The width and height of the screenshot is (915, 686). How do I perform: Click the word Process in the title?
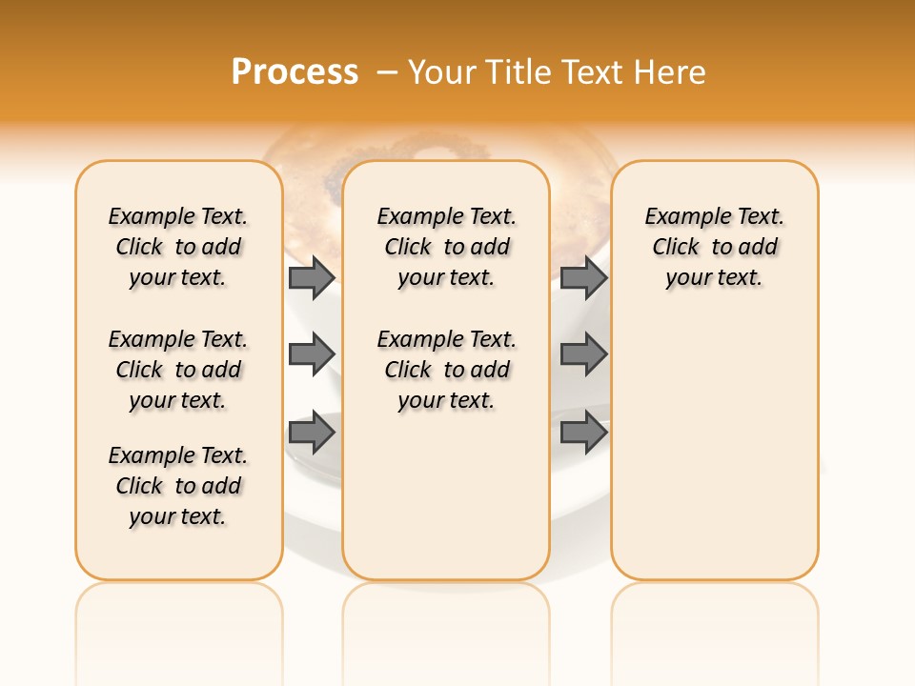tap(295, 72)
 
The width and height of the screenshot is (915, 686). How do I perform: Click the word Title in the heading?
tap(516, 72)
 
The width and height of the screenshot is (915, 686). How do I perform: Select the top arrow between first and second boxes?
tap(312, 278)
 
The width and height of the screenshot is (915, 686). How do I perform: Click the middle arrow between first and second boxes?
tap(312, 354)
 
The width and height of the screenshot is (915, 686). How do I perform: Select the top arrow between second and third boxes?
tap(583, 278)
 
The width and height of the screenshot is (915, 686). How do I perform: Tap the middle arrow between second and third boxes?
tap(583, 354)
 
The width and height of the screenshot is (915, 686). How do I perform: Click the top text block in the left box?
tap(178, 247)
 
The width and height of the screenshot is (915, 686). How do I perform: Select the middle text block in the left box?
tap(178, 370)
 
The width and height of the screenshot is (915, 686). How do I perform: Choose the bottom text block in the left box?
tap(178, 486)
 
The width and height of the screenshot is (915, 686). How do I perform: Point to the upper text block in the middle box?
tap(447, 247)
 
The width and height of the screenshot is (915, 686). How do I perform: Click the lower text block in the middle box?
tap(447, 370)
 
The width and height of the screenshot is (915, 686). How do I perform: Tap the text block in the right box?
tap(715, 247)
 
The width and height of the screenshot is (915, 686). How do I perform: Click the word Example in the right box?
tap(681, 217)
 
